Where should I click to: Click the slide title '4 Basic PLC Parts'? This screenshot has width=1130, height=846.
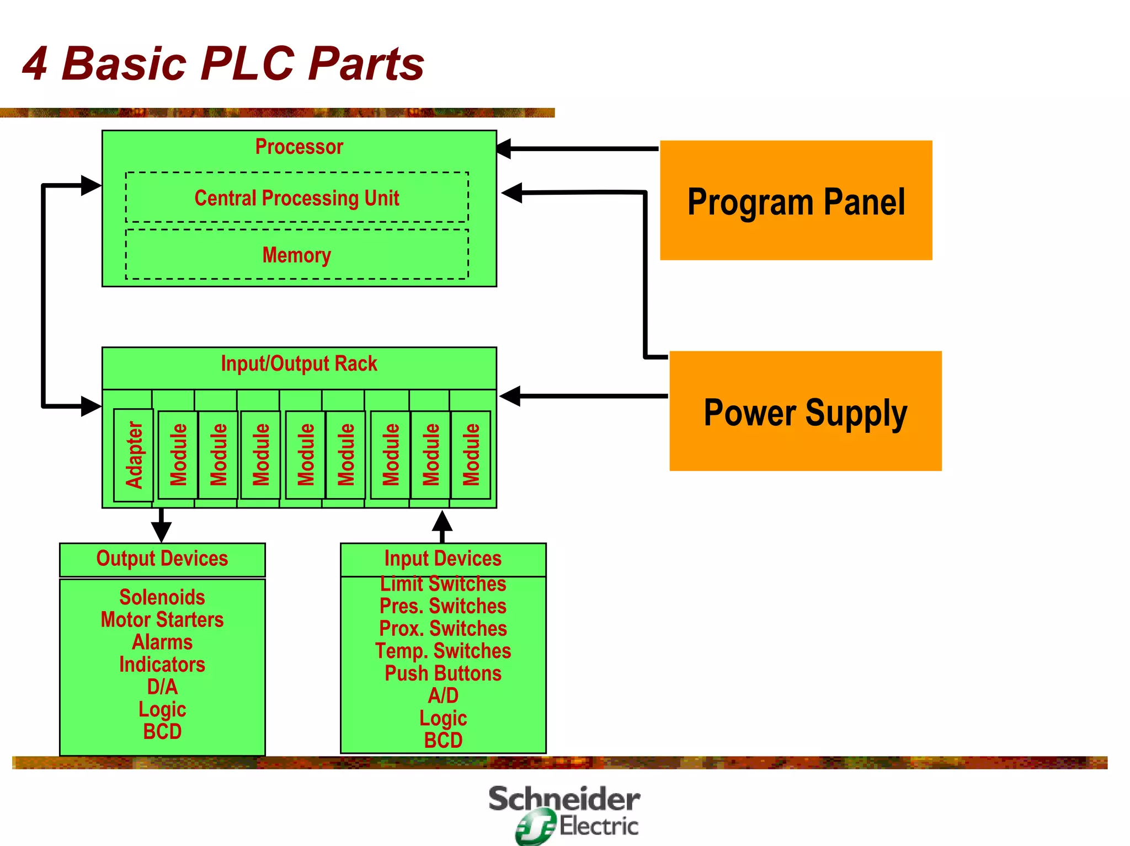pyautogui.click(x=223, y=64)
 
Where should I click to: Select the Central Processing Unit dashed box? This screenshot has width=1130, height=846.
pyautogui.click(x=297, y=197)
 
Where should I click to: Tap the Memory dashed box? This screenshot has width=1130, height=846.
pyautogui.click(x=297, y=255)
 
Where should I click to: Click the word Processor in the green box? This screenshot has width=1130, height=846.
pyautogui.click(x=299, y=147)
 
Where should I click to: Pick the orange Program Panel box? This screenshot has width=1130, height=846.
pyautogui.click(x=796, y=201)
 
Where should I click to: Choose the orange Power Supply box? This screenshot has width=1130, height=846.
pyautogui.click(x=805, y=411)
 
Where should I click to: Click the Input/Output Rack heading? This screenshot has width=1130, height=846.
pyautogui.click(x=299, y=364)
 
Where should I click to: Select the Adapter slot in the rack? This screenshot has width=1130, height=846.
pyautogui.click(x=134, y=455)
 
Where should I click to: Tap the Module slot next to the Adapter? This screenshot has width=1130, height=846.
pyautogui.click(x=178, y=455)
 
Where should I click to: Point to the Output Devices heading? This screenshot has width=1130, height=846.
pyautogui.click(x=162, y=559)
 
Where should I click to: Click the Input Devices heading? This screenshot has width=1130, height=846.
pyautogui.click(x=443, y=559)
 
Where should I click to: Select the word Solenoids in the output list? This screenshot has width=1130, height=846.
pyautogui.click(x=162, y=597)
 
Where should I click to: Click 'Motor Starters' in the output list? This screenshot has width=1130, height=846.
pyautogui.click(x=162, y=620)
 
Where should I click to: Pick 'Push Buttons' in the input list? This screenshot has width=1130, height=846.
pyautogui.click(x=443, y=673)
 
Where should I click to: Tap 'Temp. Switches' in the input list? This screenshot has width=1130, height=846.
pyautogui.click(x=443, y=651)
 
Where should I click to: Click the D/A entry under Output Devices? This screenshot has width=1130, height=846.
pyautogui.click(x=162, y=687)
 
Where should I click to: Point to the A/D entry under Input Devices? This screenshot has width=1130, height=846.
pyautogui.click(x=443, y=696)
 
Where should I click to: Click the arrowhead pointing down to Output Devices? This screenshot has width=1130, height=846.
pyautogui.click(x=161, y=532)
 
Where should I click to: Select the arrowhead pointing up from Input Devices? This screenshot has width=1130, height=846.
pyautogui.click(x=442, y=521)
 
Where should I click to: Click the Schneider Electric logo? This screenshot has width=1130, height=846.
pyautogui.click(x=564, y=813)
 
